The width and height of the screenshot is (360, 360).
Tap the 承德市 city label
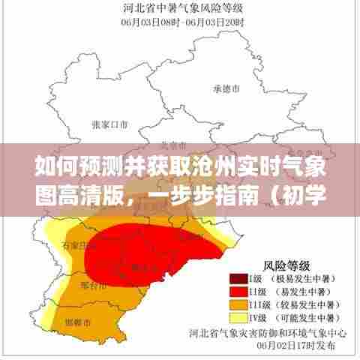click(x=226, y=88)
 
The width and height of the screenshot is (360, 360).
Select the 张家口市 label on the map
click(x=109, y=124)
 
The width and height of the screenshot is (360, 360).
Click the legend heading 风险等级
click(x=285, y=263)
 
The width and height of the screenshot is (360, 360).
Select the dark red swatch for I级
click(x=239, y=277)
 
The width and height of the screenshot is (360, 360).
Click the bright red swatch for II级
click(x=239, y=290)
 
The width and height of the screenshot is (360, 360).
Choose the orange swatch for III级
click(x=239, y=304)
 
